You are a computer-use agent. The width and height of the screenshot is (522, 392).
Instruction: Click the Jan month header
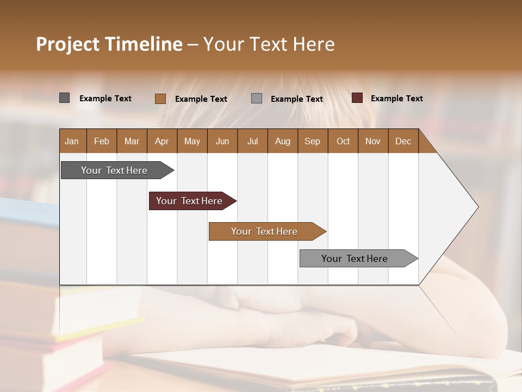(72, 141)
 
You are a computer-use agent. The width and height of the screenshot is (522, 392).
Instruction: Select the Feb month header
(102, 141)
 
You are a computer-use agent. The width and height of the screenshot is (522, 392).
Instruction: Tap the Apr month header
(161, 141)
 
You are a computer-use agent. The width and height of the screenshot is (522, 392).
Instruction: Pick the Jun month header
(222, 141)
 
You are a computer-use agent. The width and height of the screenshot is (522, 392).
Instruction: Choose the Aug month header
(282, 141)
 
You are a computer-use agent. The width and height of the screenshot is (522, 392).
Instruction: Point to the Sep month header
(312, 141)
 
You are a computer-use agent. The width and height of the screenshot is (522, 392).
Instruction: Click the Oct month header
(343, 141)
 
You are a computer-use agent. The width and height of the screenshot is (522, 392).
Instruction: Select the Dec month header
(403, 141)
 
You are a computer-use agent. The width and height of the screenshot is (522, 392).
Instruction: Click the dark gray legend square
(64, 98)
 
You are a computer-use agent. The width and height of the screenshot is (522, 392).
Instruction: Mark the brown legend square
(160, 99)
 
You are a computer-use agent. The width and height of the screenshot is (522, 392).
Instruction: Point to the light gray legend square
(257, 98)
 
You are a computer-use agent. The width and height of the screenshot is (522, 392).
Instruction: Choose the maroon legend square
(357, 98)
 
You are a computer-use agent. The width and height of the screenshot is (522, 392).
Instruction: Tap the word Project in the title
(68, 44)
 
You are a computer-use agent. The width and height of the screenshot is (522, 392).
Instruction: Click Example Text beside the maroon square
(396, 98)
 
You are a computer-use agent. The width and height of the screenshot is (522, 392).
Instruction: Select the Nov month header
(372, 141)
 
